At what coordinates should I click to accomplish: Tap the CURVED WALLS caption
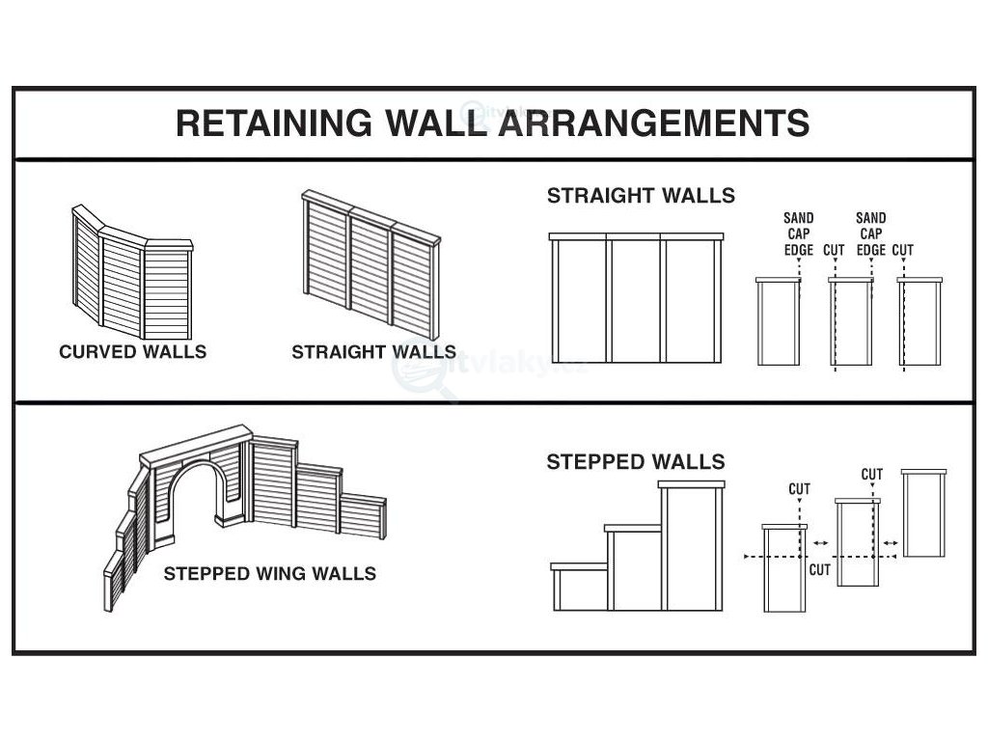132,351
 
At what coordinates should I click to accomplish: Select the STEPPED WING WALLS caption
269,574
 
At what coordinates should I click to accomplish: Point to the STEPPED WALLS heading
635,462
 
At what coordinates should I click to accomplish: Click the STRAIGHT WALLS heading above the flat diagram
641,196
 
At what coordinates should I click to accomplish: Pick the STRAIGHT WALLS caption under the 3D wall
373,351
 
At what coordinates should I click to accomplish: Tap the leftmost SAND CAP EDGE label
799,233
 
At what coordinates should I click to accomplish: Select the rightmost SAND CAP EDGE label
870,233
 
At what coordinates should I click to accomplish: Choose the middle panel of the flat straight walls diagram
636,301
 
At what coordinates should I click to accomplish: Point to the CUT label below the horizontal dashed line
819,569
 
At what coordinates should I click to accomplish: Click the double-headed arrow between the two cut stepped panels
819,544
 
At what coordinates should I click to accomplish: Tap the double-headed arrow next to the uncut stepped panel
890,544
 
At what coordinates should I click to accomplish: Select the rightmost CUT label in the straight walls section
903,251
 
